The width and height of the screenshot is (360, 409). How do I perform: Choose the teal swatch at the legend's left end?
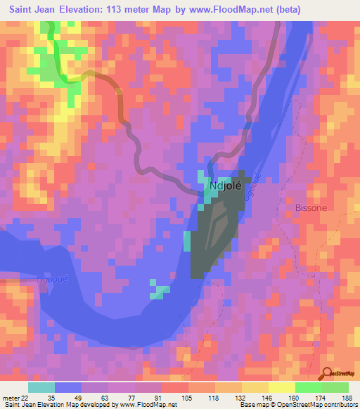pyautogui.click(x=41, y=387)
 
